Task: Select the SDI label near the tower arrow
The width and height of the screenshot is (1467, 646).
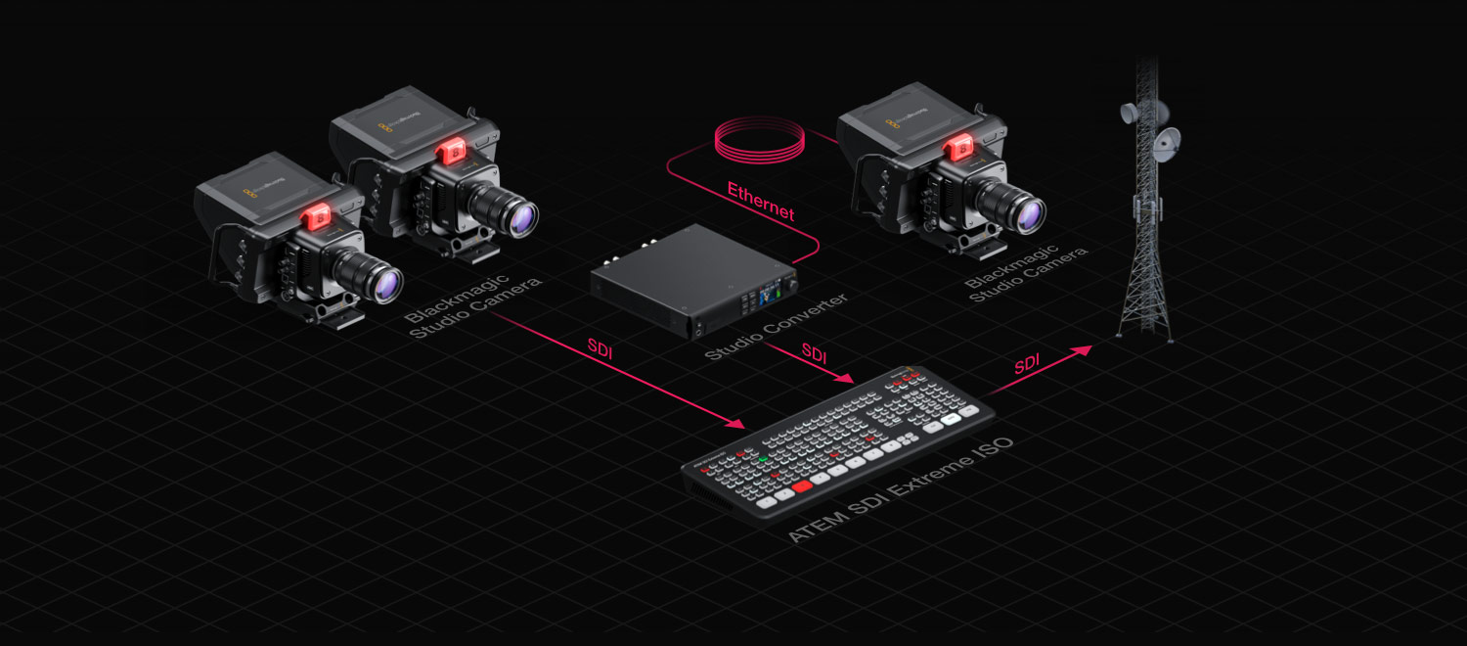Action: pyautogui.click(x=1026, y=364)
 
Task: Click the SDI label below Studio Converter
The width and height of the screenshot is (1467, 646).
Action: pyautogui.click(x=814, y=350)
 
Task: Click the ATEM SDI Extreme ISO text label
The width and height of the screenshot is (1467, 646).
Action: pyautogui.click(x=900, y=488)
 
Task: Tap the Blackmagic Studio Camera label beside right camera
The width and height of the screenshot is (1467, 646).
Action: pyautogui.click(x=1026, y=273)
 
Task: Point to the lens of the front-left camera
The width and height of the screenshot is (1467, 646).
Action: pyautogui.click(x=387, y=286)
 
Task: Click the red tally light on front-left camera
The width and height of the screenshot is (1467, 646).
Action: pyautogui.click(x=317, y=217)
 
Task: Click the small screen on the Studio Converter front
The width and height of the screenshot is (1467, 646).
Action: pyautogui.click(x=761, y=293)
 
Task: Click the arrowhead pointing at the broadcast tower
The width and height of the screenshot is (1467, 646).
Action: pyautogui.click(x=1084, y=348)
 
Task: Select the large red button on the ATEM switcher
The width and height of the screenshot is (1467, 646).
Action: pyautogui.click(x=802, y=485)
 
